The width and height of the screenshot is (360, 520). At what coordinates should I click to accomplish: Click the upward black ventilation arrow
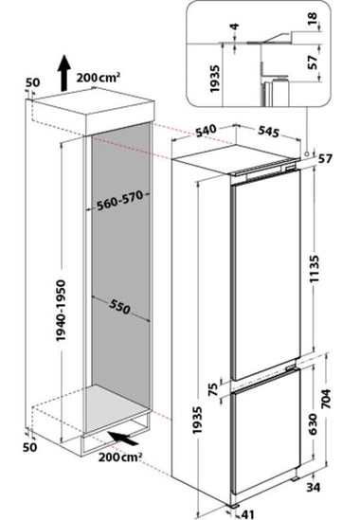64,73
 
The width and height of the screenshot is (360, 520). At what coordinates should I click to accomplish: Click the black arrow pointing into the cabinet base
124,439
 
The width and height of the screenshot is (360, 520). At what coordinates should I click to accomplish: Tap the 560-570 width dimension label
119,200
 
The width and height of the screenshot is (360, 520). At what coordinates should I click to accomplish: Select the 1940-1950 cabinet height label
61,311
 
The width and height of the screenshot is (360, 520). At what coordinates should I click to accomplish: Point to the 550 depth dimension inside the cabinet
119,307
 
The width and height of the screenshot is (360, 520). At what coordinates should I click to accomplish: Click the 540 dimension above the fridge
206,131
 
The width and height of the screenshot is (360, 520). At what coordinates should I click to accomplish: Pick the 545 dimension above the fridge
269,132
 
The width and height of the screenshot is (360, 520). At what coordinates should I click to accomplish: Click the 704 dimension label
327,399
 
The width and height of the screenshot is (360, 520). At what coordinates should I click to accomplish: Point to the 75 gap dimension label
214,389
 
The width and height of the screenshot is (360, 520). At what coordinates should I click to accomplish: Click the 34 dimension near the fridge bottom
314,487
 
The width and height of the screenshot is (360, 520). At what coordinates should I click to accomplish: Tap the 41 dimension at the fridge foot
247,514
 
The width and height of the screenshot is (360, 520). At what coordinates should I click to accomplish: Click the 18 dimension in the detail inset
313,20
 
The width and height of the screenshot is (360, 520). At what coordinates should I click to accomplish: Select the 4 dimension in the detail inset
235,27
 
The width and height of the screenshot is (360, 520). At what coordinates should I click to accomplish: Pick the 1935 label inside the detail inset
215,79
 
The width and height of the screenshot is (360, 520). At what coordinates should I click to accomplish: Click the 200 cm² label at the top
99,78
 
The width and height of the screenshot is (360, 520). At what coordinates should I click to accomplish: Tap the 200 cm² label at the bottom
120,457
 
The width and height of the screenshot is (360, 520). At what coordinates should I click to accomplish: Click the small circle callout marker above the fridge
307,153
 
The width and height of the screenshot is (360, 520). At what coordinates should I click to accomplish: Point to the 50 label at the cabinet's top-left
32,83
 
